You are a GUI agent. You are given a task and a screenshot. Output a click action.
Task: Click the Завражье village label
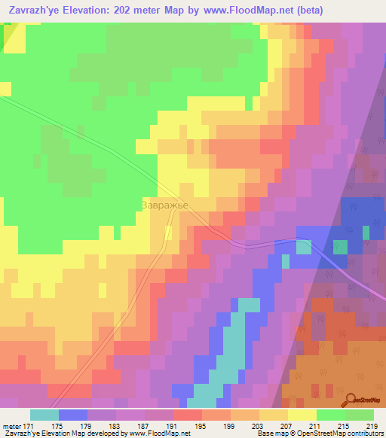pos(164,204)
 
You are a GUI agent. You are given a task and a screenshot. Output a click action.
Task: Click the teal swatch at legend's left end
pos(44,415)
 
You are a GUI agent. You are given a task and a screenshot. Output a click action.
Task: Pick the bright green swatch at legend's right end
pos(360,415)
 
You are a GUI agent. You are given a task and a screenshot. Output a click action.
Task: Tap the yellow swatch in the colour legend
pos(302,415)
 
